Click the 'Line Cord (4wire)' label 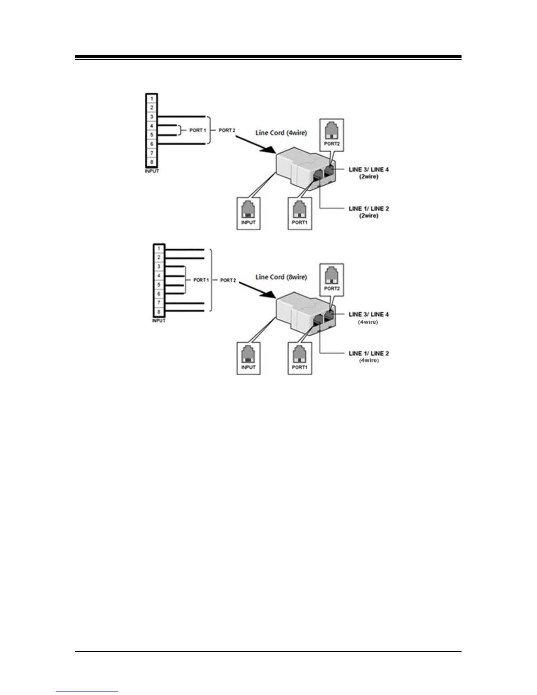tap(281, 133)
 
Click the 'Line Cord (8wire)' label tap(281, 277)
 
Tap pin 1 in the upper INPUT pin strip tap(152, 98)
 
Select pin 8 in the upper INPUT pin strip tap(152, 162)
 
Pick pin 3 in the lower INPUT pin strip tap(159, 267)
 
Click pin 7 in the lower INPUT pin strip tap(159, 303)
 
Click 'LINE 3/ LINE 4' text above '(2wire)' tap(369, 169)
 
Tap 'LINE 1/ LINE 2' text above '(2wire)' tap(369, 208)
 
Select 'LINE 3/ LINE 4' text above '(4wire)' tap(369, 314)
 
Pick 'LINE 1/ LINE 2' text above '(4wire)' tap(369, 353)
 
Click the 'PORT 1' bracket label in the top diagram tap(197, 130)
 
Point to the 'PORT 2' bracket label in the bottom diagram tap(228, 280)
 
